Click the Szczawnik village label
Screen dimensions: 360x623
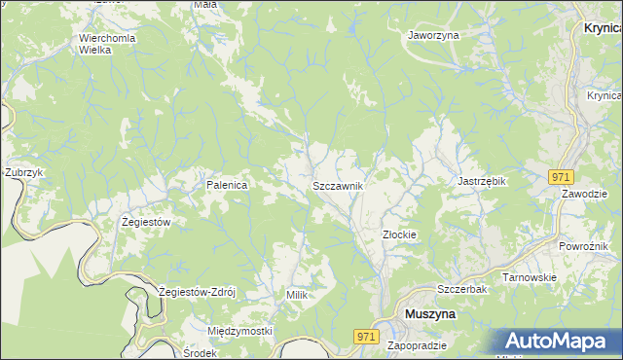click(338, 186)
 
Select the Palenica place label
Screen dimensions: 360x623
click(227, 184)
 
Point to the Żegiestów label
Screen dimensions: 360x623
click(146, 222)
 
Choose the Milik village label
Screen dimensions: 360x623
click(297, 294)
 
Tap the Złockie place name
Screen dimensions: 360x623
click(399, 234)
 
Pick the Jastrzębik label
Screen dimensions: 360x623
click(484, 181)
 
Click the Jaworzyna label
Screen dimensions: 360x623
click(433, 34)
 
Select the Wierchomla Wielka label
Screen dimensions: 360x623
click(107, 44)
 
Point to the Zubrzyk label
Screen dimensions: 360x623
click(23, 172)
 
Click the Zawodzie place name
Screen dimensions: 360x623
click(584, 193)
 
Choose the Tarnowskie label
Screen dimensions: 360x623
click(529, 277)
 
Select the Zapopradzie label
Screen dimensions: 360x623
click(417, 346)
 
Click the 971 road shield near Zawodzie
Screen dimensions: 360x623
click(560, 177)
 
